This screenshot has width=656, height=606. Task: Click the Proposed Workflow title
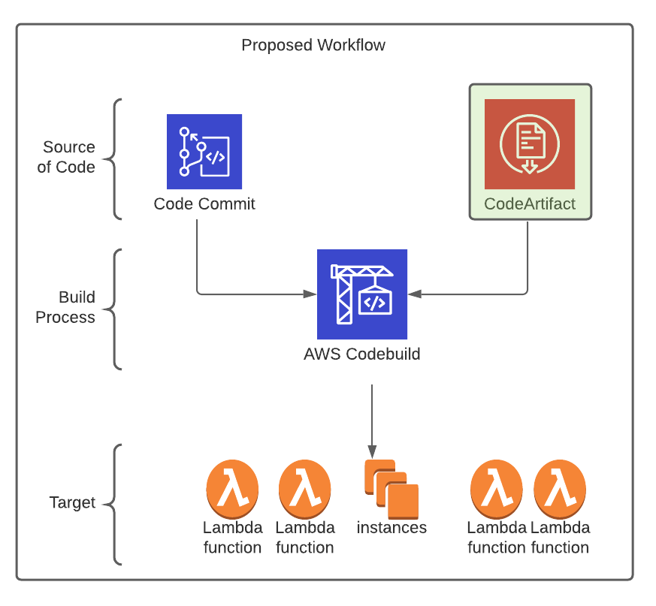point(313,45)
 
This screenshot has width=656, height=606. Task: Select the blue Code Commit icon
point(204,152)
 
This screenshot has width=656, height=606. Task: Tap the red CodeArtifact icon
point(530,144)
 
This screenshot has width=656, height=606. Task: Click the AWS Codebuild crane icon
point(362,294)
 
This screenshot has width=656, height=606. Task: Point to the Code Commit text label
point(204,204)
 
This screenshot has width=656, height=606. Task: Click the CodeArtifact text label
point(530,204)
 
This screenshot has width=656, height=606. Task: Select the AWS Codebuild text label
point(362,354)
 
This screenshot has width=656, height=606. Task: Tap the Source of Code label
point(66,157)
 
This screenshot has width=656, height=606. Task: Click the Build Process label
point(65,307)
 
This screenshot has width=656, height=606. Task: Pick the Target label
point(72,502)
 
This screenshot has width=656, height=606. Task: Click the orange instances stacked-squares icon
point(391,489)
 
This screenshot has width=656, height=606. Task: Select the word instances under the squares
point(391,528)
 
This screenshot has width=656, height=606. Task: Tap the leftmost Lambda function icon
point(232,489)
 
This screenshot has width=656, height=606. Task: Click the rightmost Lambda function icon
point(560,489)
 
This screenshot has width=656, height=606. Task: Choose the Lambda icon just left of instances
point(304,489)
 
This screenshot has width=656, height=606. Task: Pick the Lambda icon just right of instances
point(497,489)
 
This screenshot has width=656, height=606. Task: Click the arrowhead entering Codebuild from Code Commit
point(310,294)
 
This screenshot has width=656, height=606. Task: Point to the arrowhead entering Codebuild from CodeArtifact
point(414,294)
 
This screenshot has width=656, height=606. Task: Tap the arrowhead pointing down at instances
point(372,452)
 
